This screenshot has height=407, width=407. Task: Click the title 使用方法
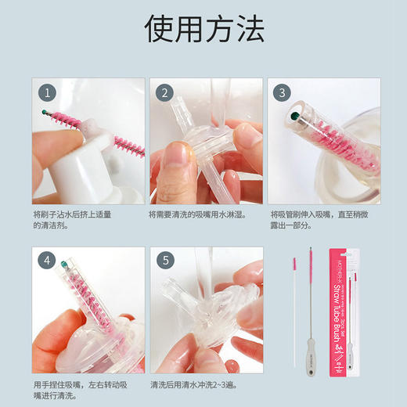point(203,29)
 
